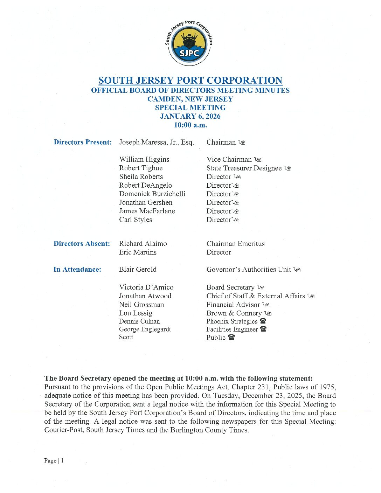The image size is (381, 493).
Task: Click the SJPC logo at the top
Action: pos(189,43)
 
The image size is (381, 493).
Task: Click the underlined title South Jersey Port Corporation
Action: pos(190,81)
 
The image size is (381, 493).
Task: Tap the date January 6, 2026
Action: pos(190,116)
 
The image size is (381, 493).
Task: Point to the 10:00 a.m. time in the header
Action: pos(190,125)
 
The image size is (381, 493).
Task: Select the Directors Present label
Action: pos(83,142)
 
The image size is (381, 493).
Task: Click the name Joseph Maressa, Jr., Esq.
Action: pos(156,142)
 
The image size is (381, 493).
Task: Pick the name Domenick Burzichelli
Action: pos(152,194)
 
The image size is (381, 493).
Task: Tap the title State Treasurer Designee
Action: pos(244,168)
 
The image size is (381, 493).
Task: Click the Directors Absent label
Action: pos(82,244)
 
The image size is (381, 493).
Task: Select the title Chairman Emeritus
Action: pos(235,244)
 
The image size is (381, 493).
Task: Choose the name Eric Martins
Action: pos(138,252)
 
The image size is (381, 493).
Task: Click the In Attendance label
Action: pos(77,270)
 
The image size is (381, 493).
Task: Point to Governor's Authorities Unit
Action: pos(248,270)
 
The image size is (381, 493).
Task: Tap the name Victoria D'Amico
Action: pos(146,287)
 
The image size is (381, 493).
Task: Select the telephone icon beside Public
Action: pos(231,338)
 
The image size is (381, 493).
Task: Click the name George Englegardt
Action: pos(145,329)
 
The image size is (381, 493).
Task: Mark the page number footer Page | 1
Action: pos(54,461)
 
